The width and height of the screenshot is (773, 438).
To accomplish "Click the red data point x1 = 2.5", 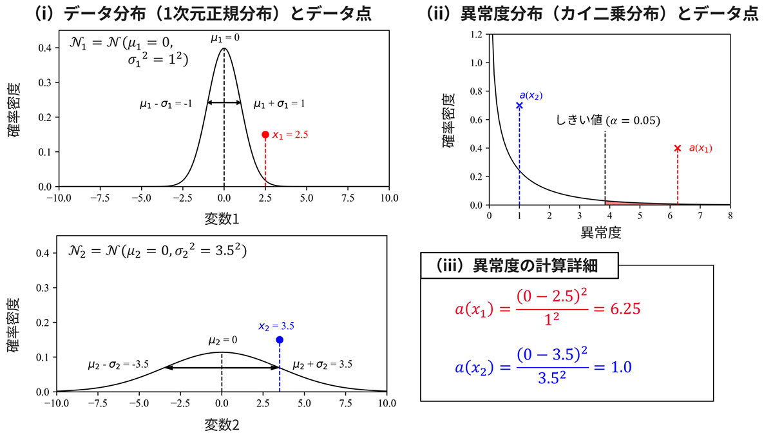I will pyautogui.click(x=265, y=135).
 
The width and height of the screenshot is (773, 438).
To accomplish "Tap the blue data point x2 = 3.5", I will pyautogui.click(x=280, y=339).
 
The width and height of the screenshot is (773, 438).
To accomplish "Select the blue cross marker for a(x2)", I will pyautogui.click(x=519, y=105).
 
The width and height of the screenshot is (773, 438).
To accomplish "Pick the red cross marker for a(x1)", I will pyautogui.click(x=677, y=148).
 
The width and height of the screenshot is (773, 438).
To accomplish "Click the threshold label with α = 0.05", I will pyautogui.click(x=608, y=121).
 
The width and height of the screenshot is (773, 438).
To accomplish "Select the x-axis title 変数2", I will pyautogui.click(x=222, y=424).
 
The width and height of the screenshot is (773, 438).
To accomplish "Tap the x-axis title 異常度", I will pyautogui.click(x=609, y=230).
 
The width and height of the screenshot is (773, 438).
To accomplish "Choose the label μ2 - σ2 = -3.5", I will pyautogui.click(x=118, y=365).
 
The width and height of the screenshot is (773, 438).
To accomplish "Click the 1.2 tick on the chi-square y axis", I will pyautogui.click(x=477, y=35).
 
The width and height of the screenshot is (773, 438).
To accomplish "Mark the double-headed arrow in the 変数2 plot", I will pyautogui.click(x=222, y=367).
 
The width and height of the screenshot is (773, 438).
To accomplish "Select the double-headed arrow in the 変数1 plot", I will pyautogui.click(x=224, y=102).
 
